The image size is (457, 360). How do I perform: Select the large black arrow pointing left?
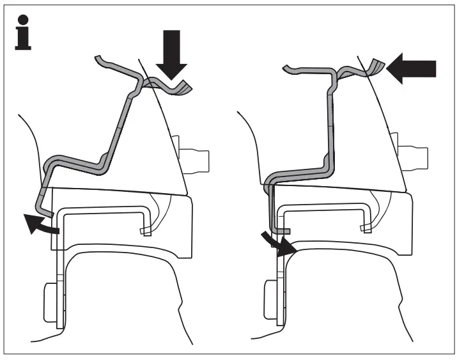(x=413, y=68)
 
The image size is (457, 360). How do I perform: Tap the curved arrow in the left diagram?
(x=40, y=224)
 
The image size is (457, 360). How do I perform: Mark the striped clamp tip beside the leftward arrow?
(x=377, y=67)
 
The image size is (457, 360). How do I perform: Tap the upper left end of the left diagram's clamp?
(x=99, y=59)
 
